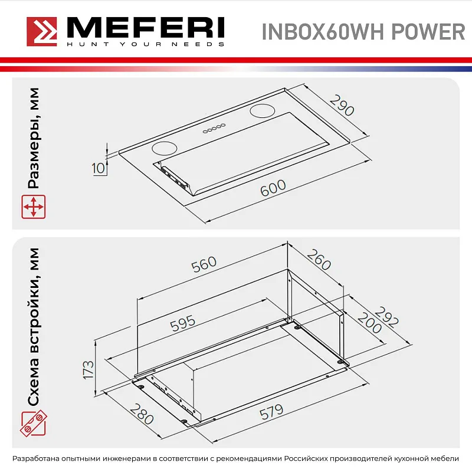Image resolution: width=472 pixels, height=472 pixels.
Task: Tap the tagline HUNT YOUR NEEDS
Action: click(x=145, y=44)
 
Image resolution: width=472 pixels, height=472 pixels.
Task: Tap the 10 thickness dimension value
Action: click(x=99, y=168)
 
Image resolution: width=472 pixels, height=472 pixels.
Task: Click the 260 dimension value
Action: click(x=319, y=260)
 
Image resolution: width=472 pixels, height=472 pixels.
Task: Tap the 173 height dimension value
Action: click(x=88, y=369)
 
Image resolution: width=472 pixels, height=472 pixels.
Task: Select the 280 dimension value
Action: click(x=142, y=414)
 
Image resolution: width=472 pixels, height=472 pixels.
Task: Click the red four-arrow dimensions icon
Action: click(x=34, y=208)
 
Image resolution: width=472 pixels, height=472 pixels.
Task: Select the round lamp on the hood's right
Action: click(x=261, y=110)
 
